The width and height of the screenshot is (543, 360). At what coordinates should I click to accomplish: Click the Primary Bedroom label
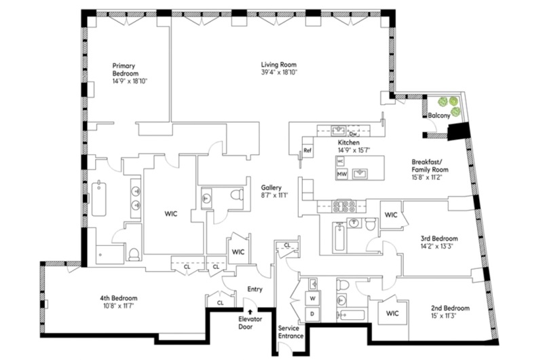pos(126,70)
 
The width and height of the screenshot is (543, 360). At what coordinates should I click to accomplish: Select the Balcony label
pos(439,116)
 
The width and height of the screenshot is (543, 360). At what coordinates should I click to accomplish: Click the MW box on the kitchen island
pos(342,175)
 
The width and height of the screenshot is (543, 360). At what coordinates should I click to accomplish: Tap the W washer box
pos(314,298)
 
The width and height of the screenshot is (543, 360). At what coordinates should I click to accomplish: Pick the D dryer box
pos(314,314)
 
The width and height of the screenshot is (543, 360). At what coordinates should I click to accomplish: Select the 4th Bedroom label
pos(119,298)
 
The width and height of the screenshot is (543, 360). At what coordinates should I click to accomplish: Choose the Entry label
pos(255,289)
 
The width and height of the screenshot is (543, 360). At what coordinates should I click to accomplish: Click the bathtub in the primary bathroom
pos(99,198)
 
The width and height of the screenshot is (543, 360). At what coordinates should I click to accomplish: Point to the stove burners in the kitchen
pos(344,205)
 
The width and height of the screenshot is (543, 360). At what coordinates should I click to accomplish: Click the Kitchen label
pos(349,143)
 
